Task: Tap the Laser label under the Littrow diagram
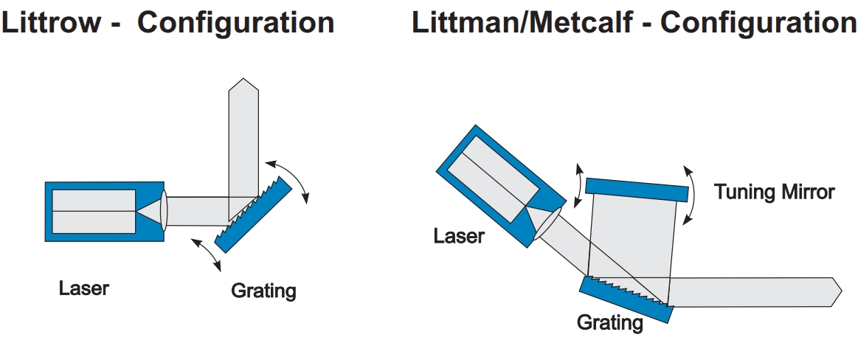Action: [x=83, y=287]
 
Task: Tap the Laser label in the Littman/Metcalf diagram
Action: [x=459, y=236]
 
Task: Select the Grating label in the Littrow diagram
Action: [x=263, y=291]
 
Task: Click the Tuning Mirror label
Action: [x=774, y=193]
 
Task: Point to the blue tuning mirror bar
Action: [x=637, y=188]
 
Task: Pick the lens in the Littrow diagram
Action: [x=164, y=210]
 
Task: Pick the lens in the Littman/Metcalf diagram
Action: [x=547, y=225]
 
